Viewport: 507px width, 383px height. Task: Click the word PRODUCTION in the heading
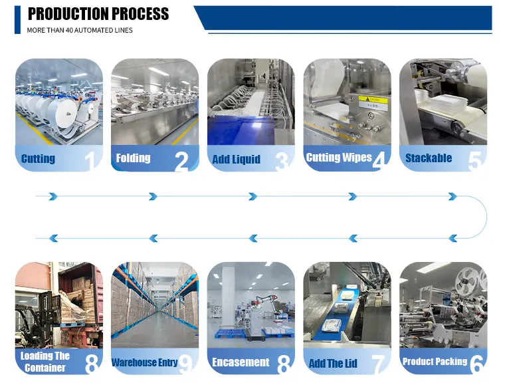68,14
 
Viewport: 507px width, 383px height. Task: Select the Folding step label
133,158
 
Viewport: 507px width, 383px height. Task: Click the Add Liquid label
236,159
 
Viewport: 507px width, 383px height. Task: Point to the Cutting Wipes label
339,158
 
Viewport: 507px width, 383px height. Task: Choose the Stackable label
429,158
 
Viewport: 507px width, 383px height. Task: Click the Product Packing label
435,361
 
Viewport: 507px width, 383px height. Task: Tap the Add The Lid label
333,363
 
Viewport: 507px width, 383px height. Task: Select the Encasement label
241,362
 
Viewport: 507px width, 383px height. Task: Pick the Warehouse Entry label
145,362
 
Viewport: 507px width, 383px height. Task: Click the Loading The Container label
45,362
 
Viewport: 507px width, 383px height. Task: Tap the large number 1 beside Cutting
90,161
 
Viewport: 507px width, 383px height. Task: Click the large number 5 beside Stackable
474,161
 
